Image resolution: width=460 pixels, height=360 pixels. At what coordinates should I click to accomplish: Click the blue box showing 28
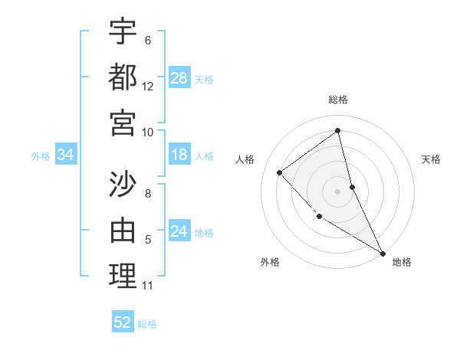coord(179,78)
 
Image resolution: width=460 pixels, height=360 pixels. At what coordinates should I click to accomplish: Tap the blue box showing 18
coord(179,155)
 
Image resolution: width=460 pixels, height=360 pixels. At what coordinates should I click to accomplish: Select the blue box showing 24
coord(179,231)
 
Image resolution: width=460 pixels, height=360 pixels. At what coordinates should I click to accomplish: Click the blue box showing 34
coord(66,155)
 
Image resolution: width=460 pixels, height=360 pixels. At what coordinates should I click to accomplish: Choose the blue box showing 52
coord(123,322)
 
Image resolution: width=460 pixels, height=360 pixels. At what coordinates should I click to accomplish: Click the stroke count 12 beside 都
coord(148,87)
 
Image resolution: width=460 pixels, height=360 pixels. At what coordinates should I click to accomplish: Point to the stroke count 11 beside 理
coord(148,286)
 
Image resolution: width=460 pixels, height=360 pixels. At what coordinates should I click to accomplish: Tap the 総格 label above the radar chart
coord(337,100)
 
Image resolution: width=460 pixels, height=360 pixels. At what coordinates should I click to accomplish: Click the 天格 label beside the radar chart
coord(432,159)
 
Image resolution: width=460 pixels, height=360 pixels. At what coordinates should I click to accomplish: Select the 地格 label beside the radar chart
coord(402,262)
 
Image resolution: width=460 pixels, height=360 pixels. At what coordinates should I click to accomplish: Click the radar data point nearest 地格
coord(383,253)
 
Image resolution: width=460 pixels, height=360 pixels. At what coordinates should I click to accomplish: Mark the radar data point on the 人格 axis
coord(280,172)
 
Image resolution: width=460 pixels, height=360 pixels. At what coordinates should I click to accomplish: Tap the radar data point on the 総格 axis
coord(337,131)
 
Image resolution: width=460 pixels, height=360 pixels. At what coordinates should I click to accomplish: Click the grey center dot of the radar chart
coord(337,191)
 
